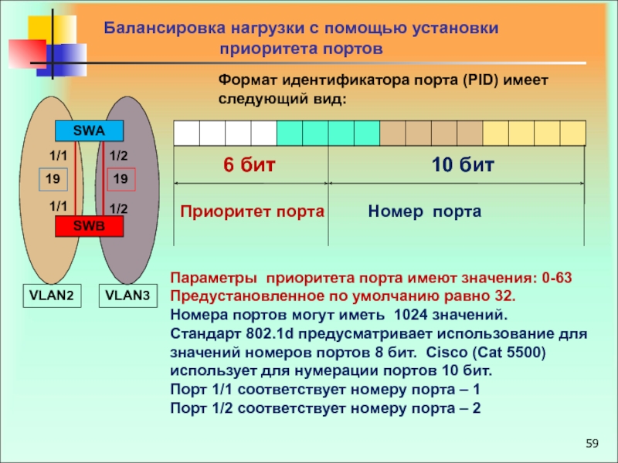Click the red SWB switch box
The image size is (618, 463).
coord(89,225)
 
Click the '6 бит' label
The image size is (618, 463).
coord(249,165)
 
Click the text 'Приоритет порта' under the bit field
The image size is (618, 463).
coord(252,211)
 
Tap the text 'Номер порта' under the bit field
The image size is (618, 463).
coord(424,211)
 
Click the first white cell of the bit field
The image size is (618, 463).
coord(187,133)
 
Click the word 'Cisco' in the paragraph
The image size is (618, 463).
coord(447,352)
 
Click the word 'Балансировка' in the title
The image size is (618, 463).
coord(163,29)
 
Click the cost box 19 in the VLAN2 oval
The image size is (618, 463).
coord(53,180)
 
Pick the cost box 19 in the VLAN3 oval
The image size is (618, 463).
coord(121,180)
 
